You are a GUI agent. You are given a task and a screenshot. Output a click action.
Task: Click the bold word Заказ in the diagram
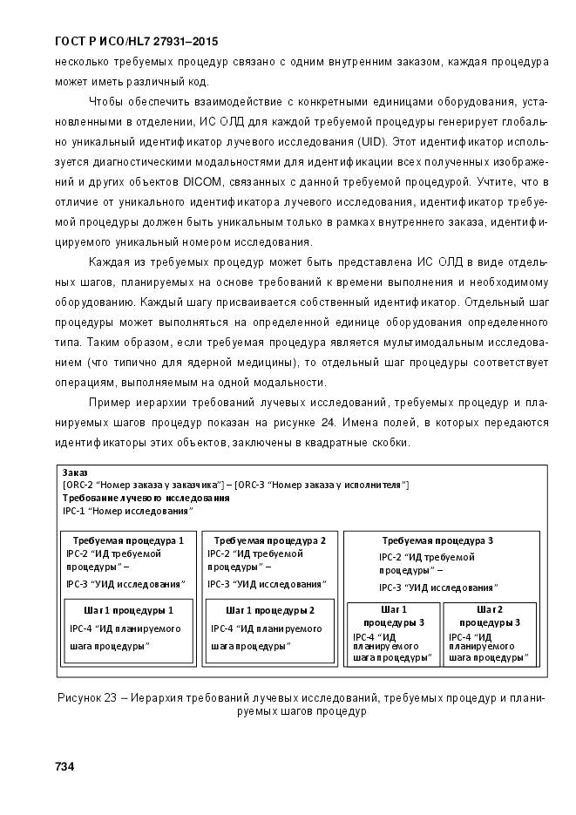tap(75, 472)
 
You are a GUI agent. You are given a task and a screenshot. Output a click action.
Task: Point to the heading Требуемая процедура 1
tap(127, 540)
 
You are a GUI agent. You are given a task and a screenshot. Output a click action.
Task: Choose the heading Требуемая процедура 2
tap(269, 540)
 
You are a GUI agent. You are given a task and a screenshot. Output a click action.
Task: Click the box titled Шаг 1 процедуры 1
tap(129, 630)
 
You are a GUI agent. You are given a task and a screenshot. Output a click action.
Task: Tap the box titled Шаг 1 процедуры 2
tap(269, 630)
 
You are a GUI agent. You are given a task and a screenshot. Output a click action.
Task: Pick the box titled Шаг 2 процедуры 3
tap(490, 633)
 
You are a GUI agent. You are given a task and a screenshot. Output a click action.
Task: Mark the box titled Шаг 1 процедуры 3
tap(393, 633)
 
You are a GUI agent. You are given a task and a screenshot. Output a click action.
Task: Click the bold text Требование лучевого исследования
tap(146, 498)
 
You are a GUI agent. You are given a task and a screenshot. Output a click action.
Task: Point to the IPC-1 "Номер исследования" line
tap(125, 511)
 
